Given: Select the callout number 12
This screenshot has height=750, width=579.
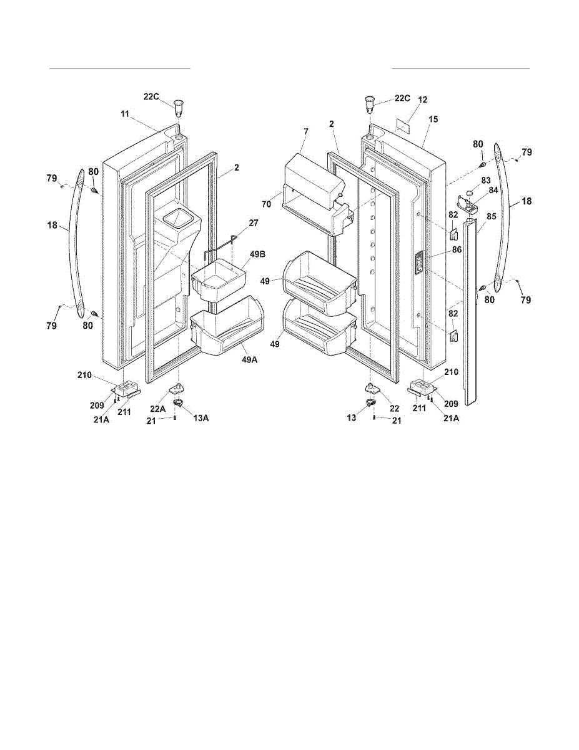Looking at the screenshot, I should [x=423, y=99].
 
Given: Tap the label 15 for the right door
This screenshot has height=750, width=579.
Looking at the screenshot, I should [x=433, y=119].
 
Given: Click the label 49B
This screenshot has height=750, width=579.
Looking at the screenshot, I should [x=257, y=255].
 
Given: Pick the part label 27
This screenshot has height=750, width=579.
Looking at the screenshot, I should [x=254, y=223].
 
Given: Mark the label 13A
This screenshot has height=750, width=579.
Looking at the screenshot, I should [x=200, y=418].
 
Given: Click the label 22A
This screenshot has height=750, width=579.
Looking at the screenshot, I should [x=158, y=409].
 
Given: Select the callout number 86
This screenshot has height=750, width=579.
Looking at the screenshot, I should [x=457, y=249].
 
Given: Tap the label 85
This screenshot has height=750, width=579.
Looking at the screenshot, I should [x=491, y=217].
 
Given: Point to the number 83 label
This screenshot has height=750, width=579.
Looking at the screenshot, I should [x=486, y=180].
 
